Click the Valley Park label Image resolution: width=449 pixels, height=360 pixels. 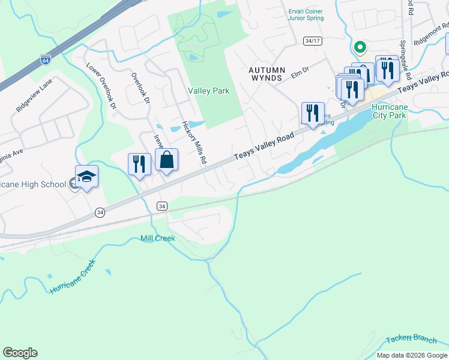[x=208, y=91]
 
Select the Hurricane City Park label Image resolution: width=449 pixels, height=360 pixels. [x=393, y=110]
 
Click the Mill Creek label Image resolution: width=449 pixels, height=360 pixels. [x=158, y=238]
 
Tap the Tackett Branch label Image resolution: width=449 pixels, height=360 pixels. [x=411, y=339]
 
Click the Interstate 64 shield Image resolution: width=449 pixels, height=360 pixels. [x=46, y=59]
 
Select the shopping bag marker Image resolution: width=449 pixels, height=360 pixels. [x=167, y=160]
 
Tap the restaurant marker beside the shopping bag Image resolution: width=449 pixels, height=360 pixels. [x=139, y=164]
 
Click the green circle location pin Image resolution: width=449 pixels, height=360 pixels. [x=360, y=46]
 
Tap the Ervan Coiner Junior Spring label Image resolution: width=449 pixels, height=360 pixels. [x=306, y=14]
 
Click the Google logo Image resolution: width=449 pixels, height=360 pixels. [x=20, y=353]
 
